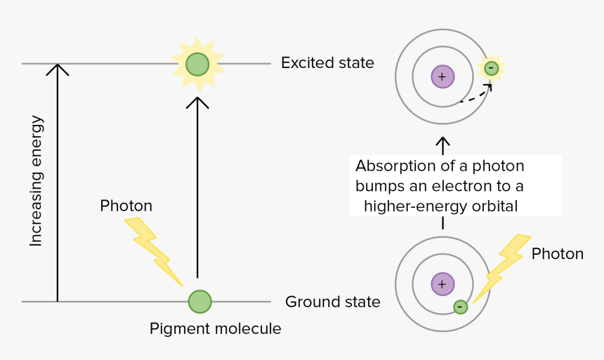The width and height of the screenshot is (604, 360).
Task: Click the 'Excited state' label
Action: click(x=327, y=63)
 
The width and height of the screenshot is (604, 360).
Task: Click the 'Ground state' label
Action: click(x=332, y=302)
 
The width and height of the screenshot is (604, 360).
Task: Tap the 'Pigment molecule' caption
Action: click(x=215, y=328)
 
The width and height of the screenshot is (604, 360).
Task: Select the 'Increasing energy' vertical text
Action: click(x=37, y=181)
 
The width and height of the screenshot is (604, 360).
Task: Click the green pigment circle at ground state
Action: click(x=199, y=302)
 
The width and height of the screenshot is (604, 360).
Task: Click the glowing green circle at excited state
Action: click(x=197, y=64)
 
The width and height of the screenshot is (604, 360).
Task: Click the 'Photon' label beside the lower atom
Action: click(x=557, y=253)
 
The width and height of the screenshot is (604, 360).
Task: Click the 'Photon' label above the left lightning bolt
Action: click(x=126, y=206)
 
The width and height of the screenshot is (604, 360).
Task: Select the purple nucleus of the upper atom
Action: click(x=442, y=76)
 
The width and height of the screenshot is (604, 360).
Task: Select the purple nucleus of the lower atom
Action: click(x=442, y=284)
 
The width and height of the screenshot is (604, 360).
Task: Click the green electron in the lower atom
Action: click(x=460, y=307)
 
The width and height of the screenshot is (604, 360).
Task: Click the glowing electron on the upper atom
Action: click(x=491, y=68)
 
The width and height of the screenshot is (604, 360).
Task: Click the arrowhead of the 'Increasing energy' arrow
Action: click(x=58, y=69)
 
